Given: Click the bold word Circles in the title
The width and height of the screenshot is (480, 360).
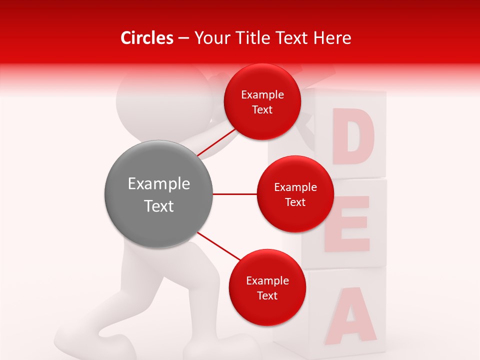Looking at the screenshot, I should [x=146, y=38].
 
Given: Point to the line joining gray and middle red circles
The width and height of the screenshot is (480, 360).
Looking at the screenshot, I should [x=234, y=194].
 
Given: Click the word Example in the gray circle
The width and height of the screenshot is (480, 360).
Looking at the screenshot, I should [x=159, y=184].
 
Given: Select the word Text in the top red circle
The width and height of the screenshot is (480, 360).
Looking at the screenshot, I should [x=262, y=109].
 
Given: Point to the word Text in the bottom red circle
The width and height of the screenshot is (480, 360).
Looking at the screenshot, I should [x=267, y=295].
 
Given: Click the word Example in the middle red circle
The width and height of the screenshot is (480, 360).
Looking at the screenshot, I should [x=295, y=187].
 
